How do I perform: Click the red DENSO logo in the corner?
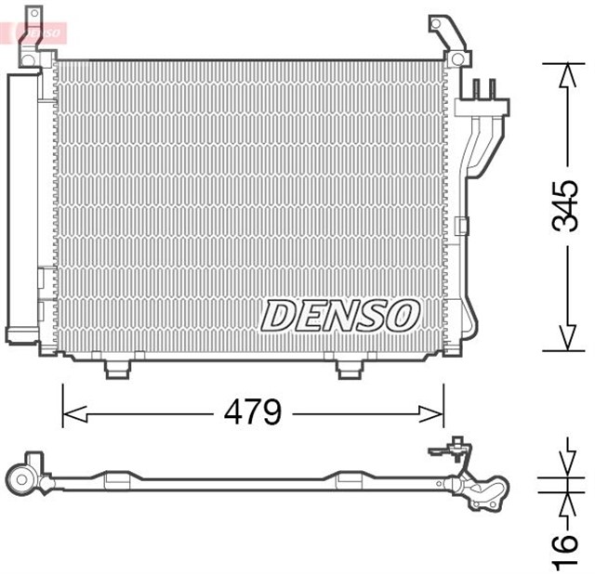[x=37, y=31]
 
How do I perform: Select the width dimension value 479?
[x=253, y=411]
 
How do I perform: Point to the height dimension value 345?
[x=564, y=207]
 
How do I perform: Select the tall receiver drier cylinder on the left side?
[x=22, y=209]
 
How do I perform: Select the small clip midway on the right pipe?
[x=462, y=224]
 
